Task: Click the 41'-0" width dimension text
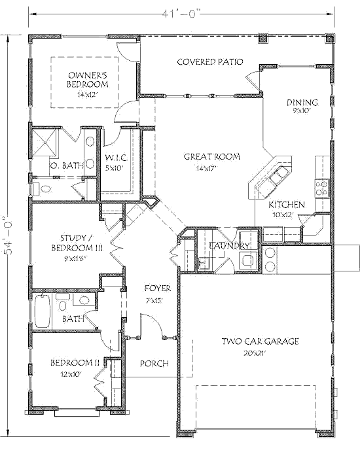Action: [x=181, y=14]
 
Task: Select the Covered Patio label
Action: [x=210, y=61]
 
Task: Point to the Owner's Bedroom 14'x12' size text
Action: [x=88, y=95]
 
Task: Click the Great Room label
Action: [x=212, y=157]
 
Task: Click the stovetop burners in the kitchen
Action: [x=322, y=188]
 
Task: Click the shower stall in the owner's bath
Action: [x=45, y=142]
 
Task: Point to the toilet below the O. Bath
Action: [x=43, y=189]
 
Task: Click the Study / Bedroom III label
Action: [x=77, y=243]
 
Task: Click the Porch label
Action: [x=154, y=364]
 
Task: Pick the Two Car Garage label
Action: [x=260, y=341]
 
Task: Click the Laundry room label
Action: [x=230, y=246]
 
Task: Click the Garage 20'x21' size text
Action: [x=255, y=353]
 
